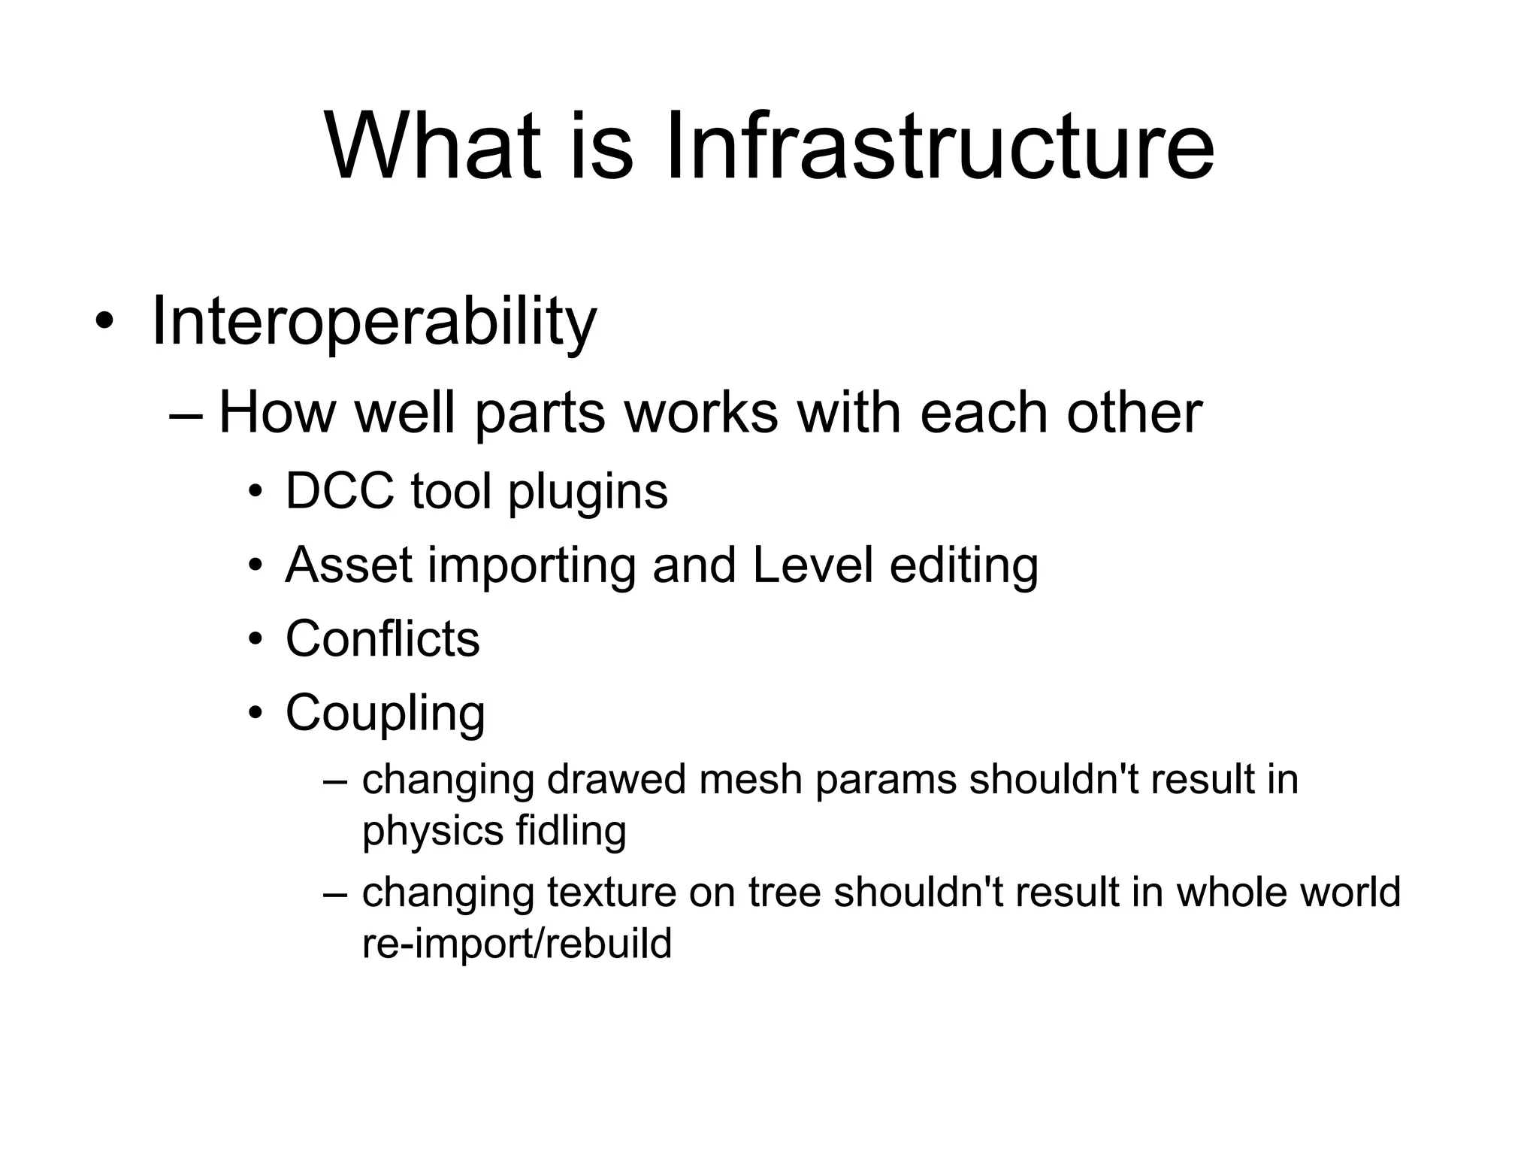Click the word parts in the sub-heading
(x=540, y=413)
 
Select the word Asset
(x=349, y=565)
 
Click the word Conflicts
(x=382, y=639)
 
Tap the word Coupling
(x=385, y=714)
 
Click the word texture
(x=612, y=893)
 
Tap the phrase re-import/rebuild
(x=517, y=944)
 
